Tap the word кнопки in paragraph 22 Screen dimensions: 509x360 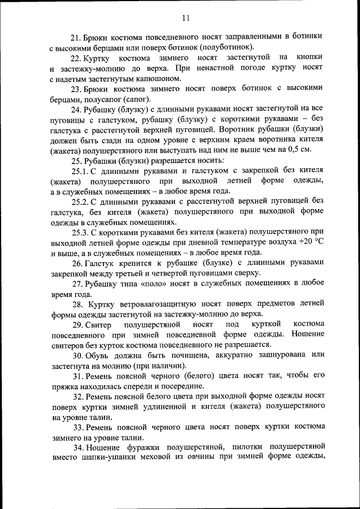point(310,57)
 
